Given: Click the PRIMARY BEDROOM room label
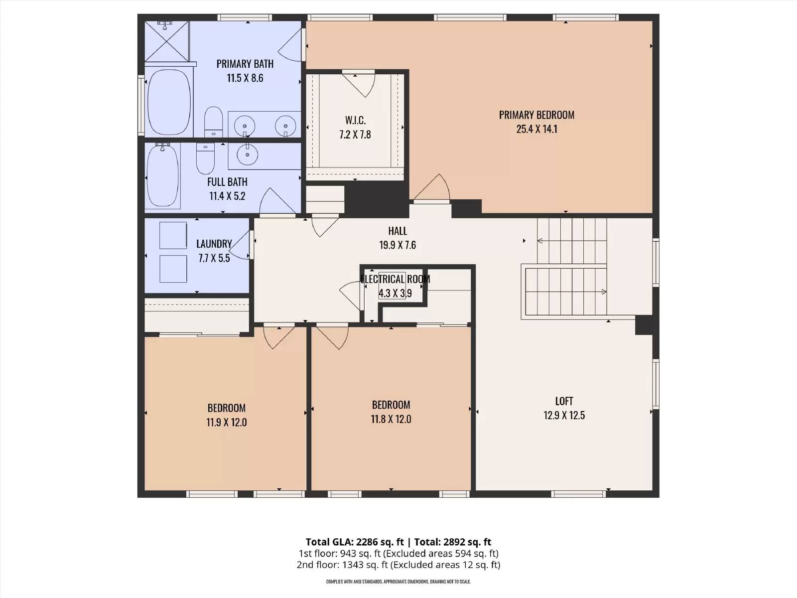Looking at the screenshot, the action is click(536, 115).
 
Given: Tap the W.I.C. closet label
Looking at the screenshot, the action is click(355, 120).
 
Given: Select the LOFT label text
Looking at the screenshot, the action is click(564, 401).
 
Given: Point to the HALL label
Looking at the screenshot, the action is click(398, 231).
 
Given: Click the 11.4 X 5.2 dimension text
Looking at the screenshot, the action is click(227, 196).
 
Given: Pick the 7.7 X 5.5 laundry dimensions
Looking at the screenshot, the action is click(214, 258).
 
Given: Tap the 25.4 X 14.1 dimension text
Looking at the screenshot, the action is click(536, 129).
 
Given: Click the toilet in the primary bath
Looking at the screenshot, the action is click(214, 122).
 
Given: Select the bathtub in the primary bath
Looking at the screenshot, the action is click(169, 102).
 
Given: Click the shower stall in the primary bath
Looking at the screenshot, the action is click(167, 41).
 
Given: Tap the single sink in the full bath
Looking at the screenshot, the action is click(248, 154).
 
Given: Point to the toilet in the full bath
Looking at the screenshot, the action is click(206, 158).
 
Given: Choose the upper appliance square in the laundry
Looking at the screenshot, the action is click(173, 235).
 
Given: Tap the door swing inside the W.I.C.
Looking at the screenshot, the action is click(359, 84).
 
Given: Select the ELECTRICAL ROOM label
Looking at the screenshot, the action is click(395, 279).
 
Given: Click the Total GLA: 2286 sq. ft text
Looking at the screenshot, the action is click(354, 542).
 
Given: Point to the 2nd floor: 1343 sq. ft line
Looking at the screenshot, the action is click(398, 565).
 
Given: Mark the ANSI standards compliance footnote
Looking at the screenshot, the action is click(398, 582).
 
